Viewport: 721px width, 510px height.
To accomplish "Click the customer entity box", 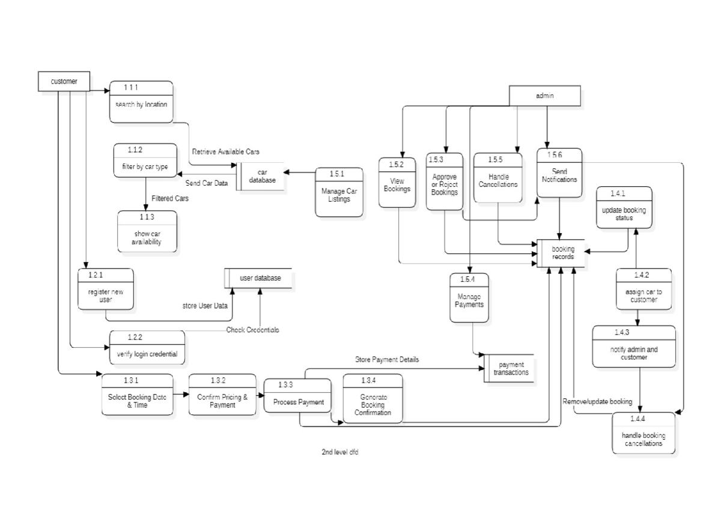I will (64, 81).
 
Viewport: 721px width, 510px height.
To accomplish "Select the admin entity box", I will (545, 96).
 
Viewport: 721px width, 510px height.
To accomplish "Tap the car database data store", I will (262, 176).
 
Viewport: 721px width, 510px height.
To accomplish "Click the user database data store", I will (259, 278).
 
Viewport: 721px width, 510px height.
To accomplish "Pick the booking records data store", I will (562, 253).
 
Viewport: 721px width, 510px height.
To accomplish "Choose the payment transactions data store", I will (511, 368).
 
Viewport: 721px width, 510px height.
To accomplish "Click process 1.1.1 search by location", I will (141, 102).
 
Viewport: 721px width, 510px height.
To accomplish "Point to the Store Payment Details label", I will (387, 359).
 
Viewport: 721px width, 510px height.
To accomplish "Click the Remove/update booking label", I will (597, 401).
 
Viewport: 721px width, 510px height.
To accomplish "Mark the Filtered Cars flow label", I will (169, 198).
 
